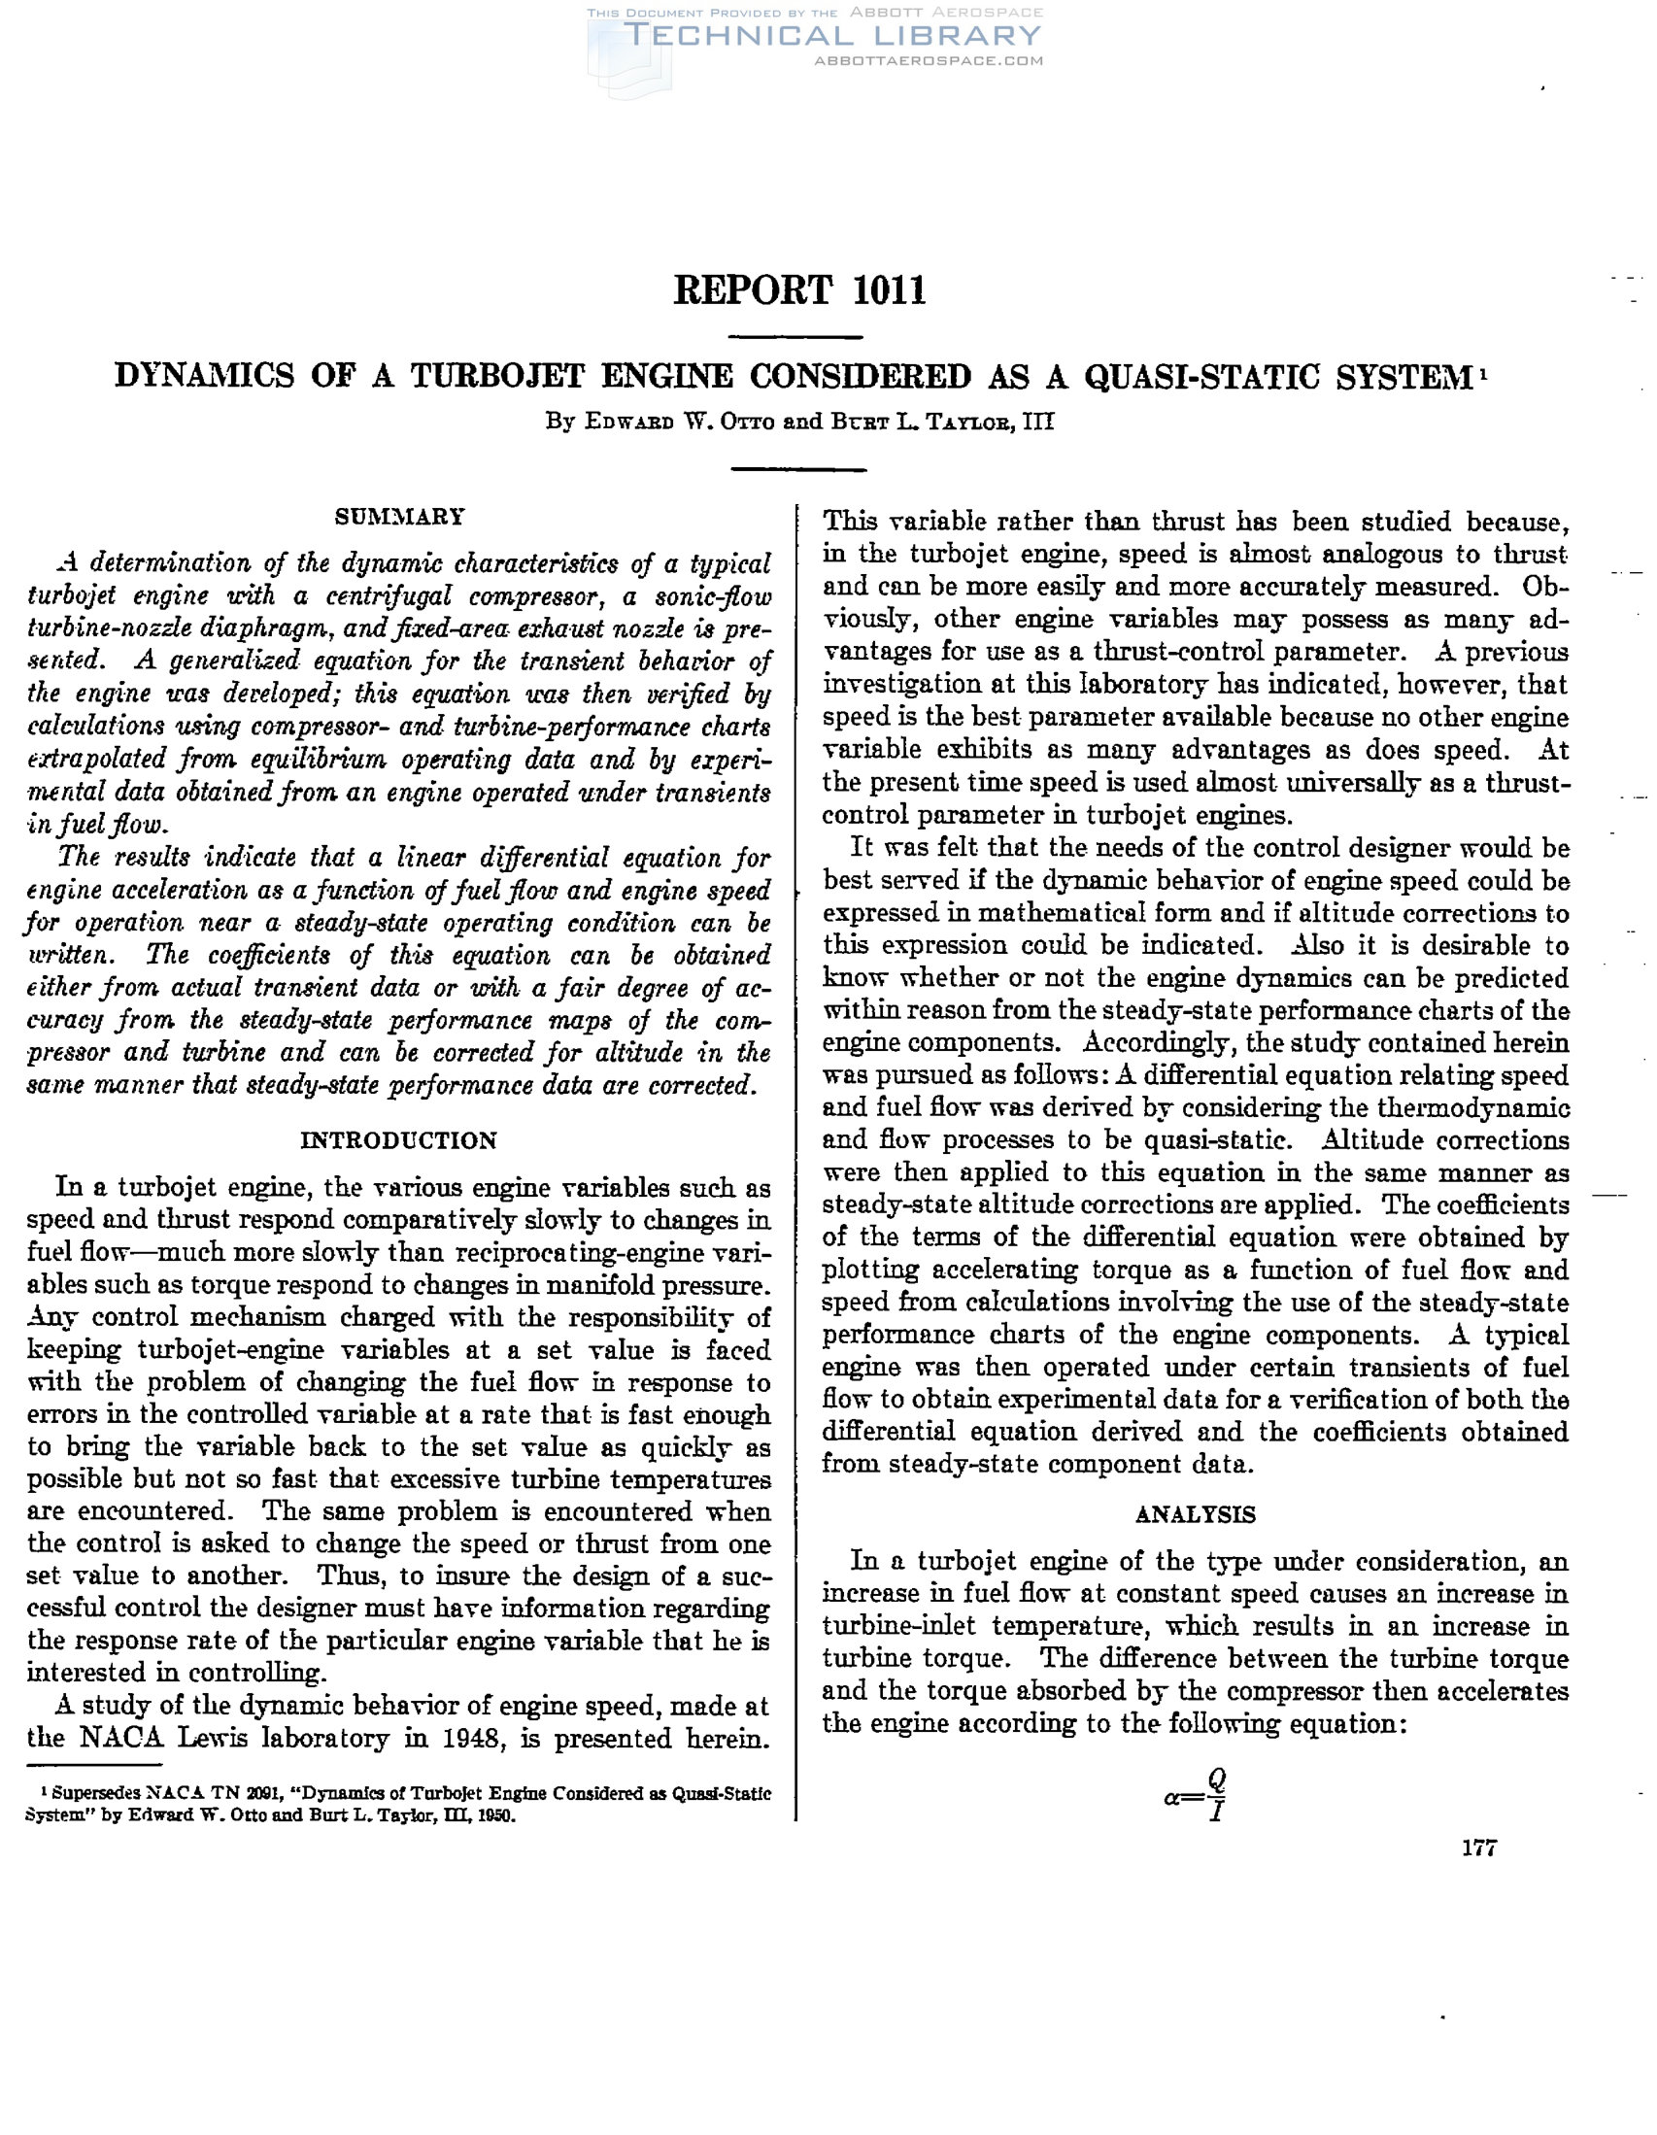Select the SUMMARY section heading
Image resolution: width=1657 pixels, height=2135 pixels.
400,516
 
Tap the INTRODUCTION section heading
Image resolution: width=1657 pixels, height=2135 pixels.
399,1139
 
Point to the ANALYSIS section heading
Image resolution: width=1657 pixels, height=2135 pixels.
1196,1514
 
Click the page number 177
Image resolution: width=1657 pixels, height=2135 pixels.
1479,1847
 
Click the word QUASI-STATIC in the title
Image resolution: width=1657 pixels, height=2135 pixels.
1201,376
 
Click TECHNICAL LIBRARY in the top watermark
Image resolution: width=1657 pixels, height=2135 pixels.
832,36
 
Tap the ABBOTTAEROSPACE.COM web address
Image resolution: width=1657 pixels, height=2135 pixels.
928,60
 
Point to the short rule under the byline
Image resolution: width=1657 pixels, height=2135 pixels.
797,469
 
